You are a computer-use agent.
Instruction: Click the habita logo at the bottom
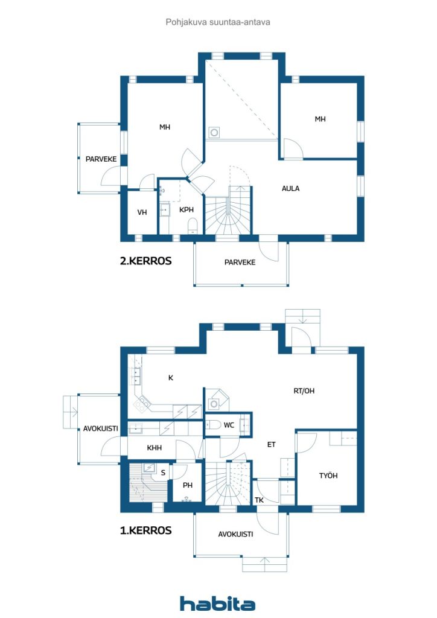coord(217,604)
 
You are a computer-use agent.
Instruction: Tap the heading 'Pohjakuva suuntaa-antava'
coord(218,22)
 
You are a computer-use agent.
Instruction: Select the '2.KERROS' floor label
coord(145,261)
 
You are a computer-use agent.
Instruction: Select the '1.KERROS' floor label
coord(145,531)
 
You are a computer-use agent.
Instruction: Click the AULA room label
coord(290,188)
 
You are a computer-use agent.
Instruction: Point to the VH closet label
coord(142,212)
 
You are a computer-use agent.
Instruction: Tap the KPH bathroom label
coord(186,210)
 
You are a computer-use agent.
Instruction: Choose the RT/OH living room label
coord(304,390)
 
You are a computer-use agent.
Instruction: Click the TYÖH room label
coord(328,476)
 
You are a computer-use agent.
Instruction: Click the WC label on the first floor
coord(229,425)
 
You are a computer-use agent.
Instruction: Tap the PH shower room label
coord(188,484)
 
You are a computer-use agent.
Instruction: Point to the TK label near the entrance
coord(259,500)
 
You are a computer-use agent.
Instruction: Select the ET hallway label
coord(272,445)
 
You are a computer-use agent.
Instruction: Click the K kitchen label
coord(171,378)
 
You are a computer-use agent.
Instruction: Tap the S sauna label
coord(163,473)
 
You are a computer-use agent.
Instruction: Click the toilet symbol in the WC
coord(211,425)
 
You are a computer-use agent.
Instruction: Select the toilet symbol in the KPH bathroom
coord(193,226)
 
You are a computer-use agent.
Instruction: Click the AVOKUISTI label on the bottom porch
coord(235,534)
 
